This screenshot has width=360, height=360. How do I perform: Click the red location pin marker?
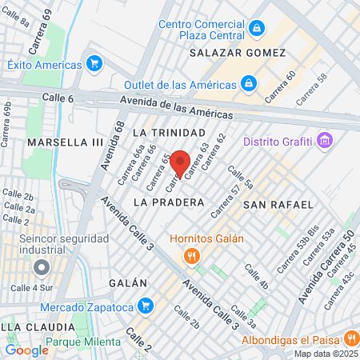(x=180, y=163)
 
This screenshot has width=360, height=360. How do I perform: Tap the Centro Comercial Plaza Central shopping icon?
(x=257, y=30)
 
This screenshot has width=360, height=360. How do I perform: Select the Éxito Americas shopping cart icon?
(x=95, y=64)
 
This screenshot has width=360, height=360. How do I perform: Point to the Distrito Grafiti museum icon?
(x=324, y=142)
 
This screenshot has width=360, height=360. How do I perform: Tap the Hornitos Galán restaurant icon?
(x=191, y=256)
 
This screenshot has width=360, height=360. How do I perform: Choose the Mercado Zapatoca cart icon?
(x=145, y=305)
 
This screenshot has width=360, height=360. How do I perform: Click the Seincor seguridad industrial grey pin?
(x=42, y=267)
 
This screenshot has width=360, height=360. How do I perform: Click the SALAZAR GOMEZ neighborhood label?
(x=238, y=53)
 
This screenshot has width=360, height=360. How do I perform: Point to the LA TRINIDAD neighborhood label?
(x=169, y=131)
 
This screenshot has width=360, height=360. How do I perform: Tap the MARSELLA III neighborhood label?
(x=66, y=142)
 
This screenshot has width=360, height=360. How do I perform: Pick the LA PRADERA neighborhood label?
(x=169, y=202)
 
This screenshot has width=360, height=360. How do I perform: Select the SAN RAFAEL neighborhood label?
(x=278, y=205)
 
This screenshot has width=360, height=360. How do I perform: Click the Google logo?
(x=26, y=350)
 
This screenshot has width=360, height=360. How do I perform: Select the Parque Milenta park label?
(x=83, y=342)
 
